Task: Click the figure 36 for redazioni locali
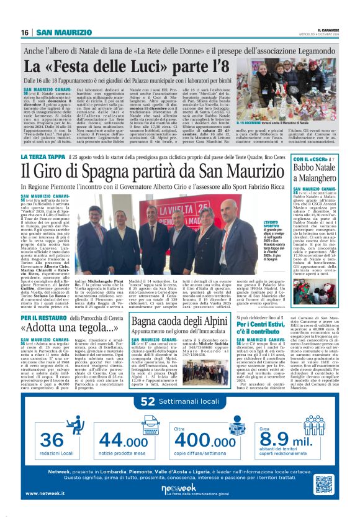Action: coord(55,439)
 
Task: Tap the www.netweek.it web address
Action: coord(47,493)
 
